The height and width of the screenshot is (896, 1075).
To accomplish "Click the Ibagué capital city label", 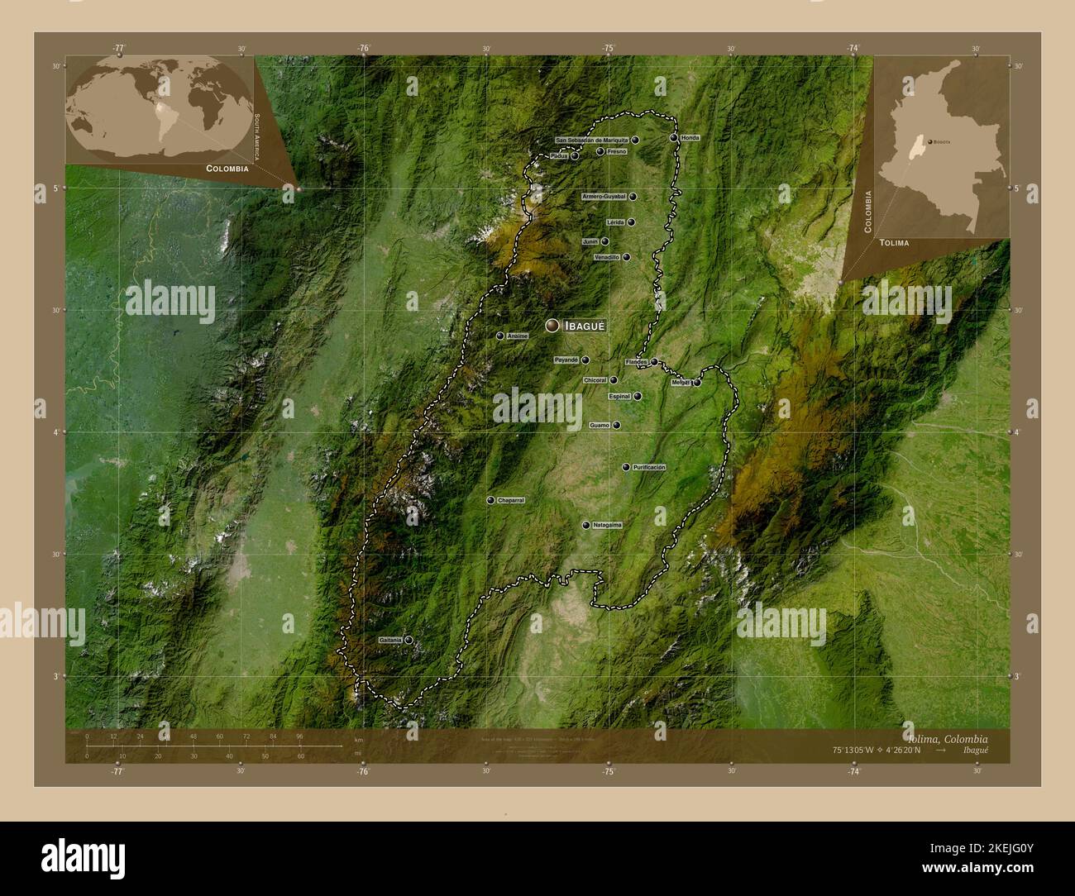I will [x=585, y=326].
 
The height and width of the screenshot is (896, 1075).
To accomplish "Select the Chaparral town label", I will [x=510, y=501].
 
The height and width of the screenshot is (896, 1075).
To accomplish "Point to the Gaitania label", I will [x=389, y=640].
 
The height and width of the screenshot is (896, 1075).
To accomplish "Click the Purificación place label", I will [x=649, y=467].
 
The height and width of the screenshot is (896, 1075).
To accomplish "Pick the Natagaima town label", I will [x=607, y=525].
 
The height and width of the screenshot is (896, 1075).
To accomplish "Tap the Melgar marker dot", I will [x=697, y=383].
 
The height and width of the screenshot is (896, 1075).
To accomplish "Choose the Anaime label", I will [x=517, y=336].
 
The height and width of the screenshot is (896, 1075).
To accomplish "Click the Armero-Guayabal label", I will [x=604, y=197].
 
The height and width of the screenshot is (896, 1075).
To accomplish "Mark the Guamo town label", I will [x=600, y=426].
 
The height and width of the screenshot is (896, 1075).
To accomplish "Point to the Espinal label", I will [x=619, y=397].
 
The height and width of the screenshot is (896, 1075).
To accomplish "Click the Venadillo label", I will [x=607, y=258].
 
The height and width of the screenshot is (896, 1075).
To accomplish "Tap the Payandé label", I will [x=566, y=360].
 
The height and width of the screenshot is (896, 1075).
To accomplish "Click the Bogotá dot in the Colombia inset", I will [x=929, y=142].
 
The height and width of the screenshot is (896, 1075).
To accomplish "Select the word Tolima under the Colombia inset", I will [x=894, y=243].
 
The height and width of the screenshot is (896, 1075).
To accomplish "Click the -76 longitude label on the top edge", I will [x=363, y=48].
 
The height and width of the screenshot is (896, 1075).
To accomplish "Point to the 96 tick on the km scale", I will [x=299, y=736].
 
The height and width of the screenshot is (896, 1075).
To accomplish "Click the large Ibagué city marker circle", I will [x=552, y=326].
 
